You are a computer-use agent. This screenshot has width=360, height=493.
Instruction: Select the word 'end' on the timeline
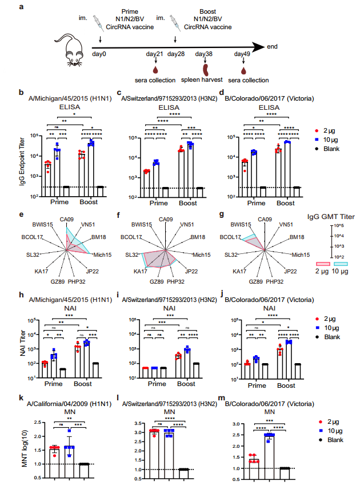pyautogui.click(x=273, y=46)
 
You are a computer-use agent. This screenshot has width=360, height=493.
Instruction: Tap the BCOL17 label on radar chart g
pyautogui.click(x=238, y=236)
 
